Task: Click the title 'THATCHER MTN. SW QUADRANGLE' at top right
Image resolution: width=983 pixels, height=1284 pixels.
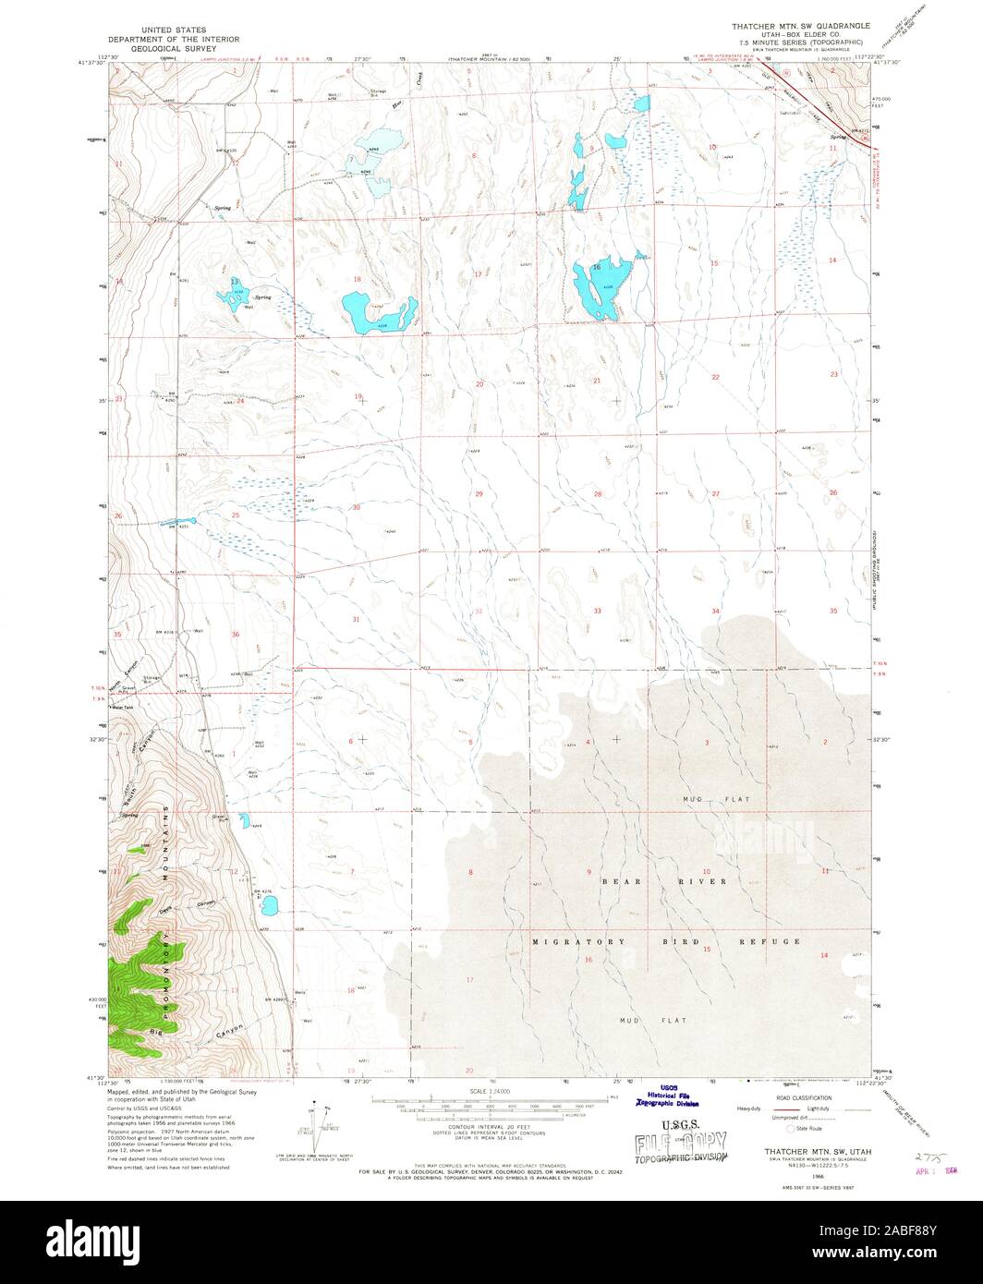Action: (x=801, y=29)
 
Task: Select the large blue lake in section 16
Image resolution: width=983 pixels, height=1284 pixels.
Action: (x=594, y=289)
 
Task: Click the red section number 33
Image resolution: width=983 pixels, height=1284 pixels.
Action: (x=598, y=611)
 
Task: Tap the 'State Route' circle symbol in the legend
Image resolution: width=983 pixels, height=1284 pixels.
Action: (x=790, y=1128)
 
